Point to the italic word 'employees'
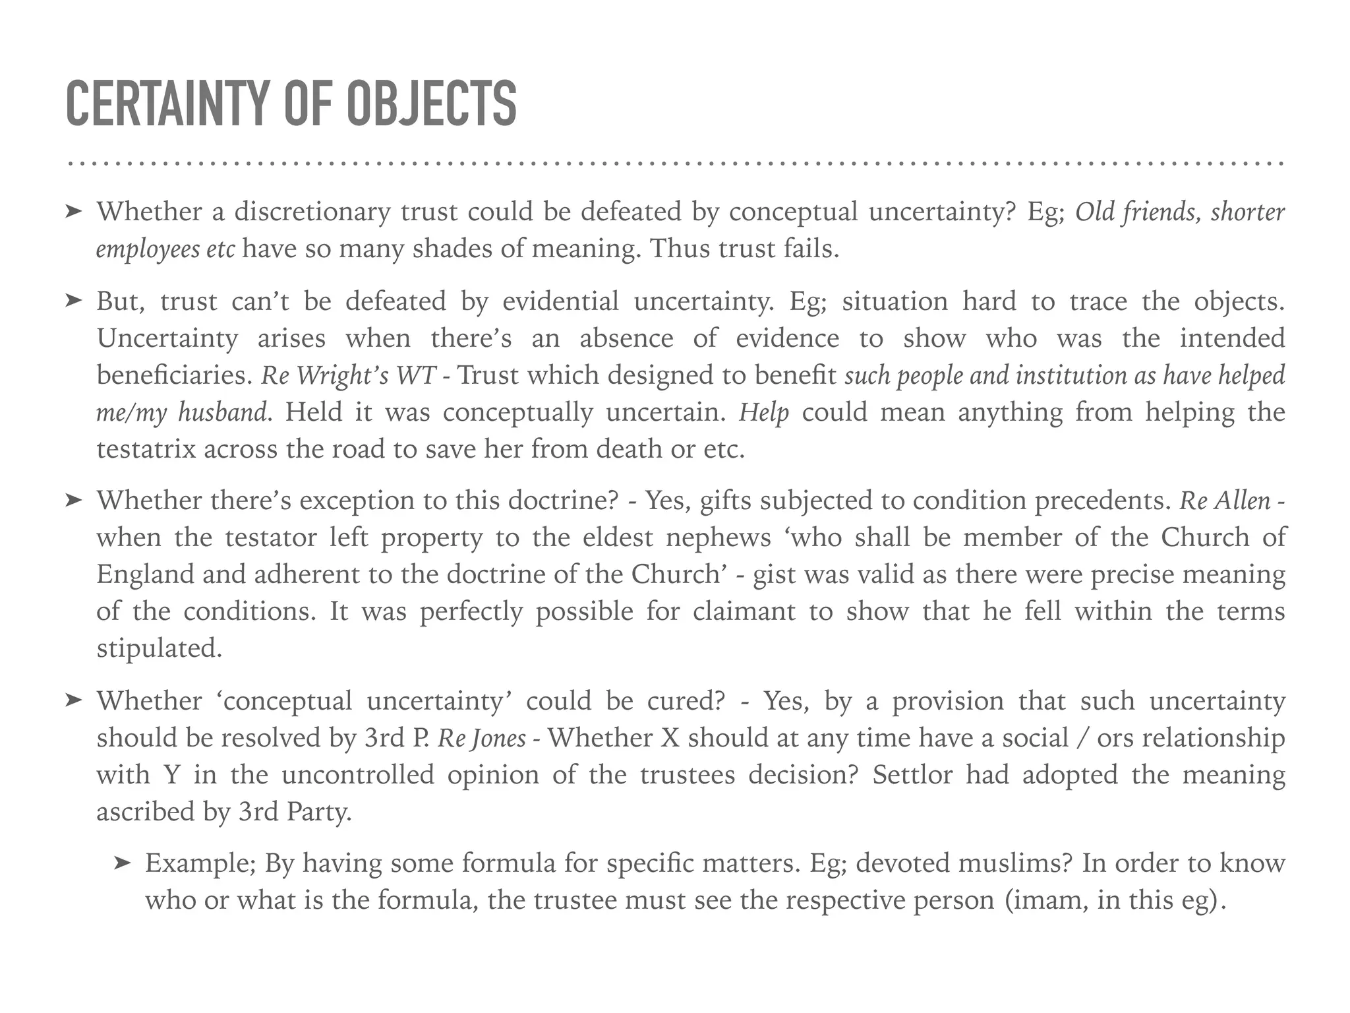coord(147,249)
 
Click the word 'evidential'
coord(560,301)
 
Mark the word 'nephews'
coord(718,537)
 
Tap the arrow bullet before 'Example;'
coord(122,863)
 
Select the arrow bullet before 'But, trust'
coord(73,301)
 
